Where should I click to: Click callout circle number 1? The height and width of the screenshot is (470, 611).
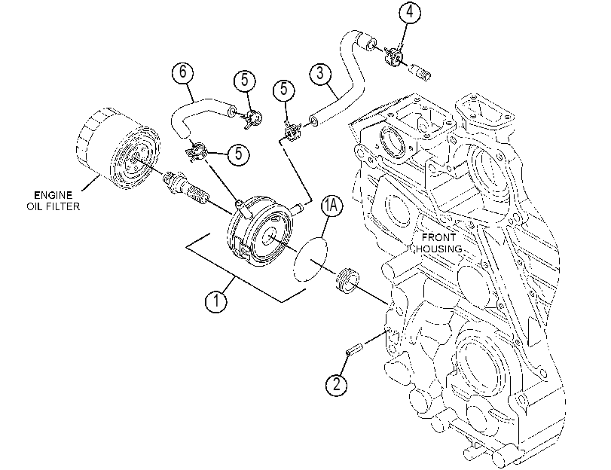216,301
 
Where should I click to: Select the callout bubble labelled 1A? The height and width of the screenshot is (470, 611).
331,207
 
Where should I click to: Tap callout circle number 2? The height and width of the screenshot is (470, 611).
336,385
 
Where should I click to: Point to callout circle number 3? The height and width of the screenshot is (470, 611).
320,73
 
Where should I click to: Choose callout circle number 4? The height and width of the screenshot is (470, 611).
410,12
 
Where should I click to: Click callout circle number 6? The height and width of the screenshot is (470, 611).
183,72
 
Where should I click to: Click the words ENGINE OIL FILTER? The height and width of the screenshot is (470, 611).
53,200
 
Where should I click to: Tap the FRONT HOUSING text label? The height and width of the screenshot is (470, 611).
439,243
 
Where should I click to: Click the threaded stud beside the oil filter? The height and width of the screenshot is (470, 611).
185,186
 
